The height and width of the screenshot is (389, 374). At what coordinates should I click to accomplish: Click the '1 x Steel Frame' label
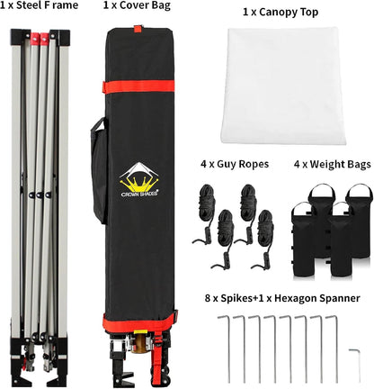click(39, 5)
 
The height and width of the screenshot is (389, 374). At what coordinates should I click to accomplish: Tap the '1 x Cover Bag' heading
click(137, 5)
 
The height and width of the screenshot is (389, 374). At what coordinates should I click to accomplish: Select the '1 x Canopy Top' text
click(280, 13)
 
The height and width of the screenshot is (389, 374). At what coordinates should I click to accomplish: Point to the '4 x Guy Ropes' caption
click(235, 164)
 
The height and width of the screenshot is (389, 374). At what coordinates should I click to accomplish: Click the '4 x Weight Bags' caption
click(333, 164)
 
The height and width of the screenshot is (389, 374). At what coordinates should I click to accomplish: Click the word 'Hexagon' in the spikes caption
click(295, 298)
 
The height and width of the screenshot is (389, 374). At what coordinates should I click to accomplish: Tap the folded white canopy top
click(283, 86)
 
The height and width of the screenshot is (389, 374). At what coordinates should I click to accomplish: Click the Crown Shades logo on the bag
click(139, 180)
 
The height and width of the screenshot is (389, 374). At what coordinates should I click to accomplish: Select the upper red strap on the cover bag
click(139, 86)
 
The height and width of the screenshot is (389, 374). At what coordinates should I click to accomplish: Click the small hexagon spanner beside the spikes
click(356, 363)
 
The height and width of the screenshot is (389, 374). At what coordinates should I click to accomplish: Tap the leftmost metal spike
click(229, 348)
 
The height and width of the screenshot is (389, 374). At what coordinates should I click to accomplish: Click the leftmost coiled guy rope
click(207, 210)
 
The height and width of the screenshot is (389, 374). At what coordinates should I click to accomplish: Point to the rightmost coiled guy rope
click(264, 237)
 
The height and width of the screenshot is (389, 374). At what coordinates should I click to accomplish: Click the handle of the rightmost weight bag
click(360, 192)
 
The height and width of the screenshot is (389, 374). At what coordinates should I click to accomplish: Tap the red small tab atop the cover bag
click(138, 29)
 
